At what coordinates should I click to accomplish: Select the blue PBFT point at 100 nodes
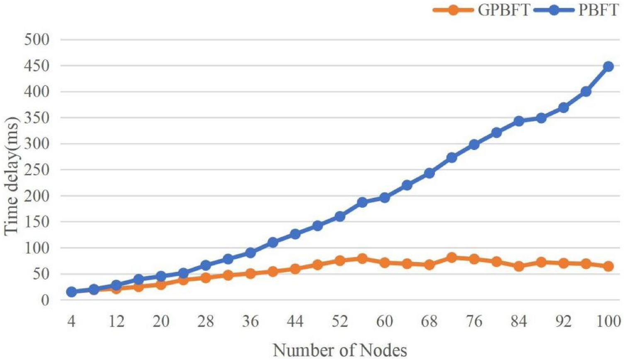(608, 66)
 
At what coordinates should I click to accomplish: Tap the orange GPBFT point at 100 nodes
(608, 266)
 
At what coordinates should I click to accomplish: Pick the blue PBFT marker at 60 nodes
(384, 197)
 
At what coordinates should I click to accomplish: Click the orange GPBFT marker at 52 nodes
(340, 260)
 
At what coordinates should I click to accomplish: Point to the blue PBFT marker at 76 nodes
(474, 144)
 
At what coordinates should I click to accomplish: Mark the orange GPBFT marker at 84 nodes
(519, 266)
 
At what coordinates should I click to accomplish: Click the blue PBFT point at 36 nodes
(250, 253)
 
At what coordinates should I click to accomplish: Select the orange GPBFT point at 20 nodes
(161, 285)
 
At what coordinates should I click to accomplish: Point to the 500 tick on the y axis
(37, 40)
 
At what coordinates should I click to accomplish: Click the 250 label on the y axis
(37, 170)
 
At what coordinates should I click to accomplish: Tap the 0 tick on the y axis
(45, 300)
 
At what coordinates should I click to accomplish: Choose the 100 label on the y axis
(37, 248)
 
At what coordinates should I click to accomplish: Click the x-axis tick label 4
(71, 321)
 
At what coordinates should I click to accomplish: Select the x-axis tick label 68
(429, 321)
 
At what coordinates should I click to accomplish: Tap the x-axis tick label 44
(295, 321)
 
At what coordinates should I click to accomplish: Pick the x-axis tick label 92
(563, 321)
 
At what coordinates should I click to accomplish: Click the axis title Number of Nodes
(340, 350)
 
